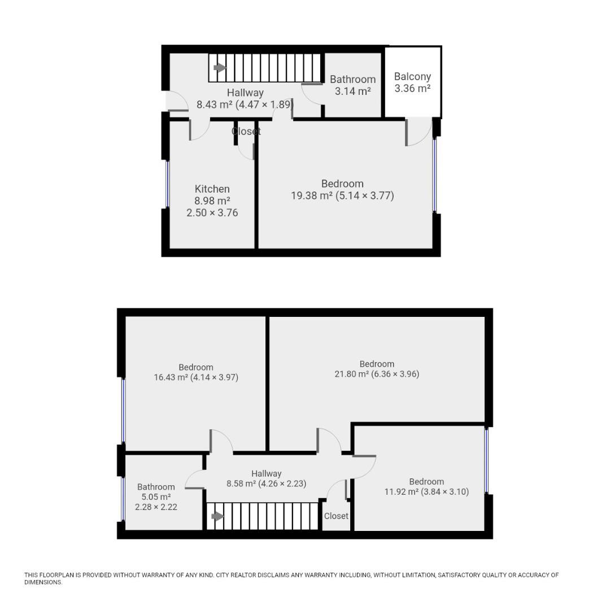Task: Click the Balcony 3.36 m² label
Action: (x=412, y=82)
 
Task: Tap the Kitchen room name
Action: (x=212, y=189)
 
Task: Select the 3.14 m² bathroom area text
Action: (x=352, y=91)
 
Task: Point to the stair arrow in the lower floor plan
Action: (x=217, y=516)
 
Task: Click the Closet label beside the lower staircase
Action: (x=336, y=516)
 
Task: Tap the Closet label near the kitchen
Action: (x=246, y=131)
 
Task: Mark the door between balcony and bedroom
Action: (x=419, y=132)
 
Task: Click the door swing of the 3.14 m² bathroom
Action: (x=312, y=94)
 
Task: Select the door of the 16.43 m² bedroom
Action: (x=221, y=441)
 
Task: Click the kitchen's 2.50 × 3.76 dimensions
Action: (x=212, y=213)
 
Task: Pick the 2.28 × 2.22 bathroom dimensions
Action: (x=156, y=507)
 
